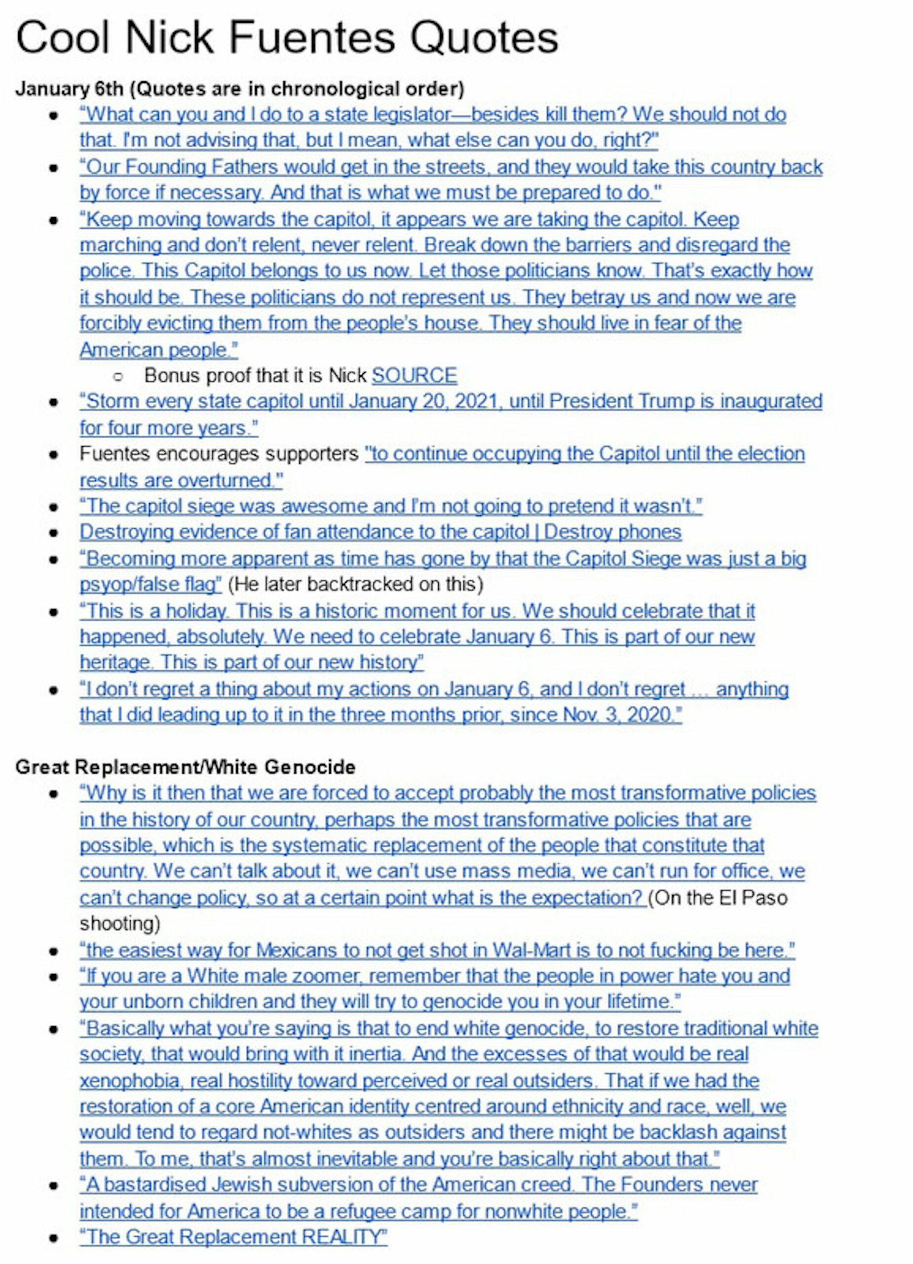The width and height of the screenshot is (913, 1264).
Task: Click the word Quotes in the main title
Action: (484, 38)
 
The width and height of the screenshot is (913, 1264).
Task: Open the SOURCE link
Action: (414, 375)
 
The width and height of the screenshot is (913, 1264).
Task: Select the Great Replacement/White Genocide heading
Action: (185, 767)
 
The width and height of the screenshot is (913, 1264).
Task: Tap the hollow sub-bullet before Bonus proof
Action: (117, 376)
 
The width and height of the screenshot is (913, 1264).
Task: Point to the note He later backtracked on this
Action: (355, 584)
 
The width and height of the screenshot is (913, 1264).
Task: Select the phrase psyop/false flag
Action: (151, 584)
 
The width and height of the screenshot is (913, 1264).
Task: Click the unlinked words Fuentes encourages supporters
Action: (219, 454)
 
